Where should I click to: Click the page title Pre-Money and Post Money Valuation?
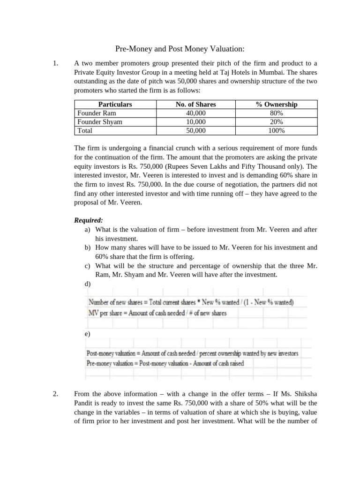[180, 49]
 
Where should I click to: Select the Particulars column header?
[115, 105]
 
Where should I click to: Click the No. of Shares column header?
[195, 105]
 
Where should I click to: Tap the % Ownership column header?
[277, 105]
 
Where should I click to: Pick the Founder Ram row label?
[97, 113]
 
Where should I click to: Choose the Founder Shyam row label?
[100, 122]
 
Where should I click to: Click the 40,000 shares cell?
[195, 113]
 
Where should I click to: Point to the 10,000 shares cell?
[195, 122]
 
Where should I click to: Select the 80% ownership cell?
[277, 113]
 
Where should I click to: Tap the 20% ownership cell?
[277, 122]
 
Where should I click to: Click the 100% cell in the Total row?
[277, 131]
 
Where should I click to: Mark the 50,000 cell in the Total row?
[195, 131]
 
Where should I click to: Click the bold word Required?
[89, 220]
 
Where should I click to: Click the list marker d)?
[88, 284]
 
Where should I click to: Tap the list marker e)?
[88, 334]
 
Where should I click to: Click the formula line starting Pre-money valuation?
[165, 363]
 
